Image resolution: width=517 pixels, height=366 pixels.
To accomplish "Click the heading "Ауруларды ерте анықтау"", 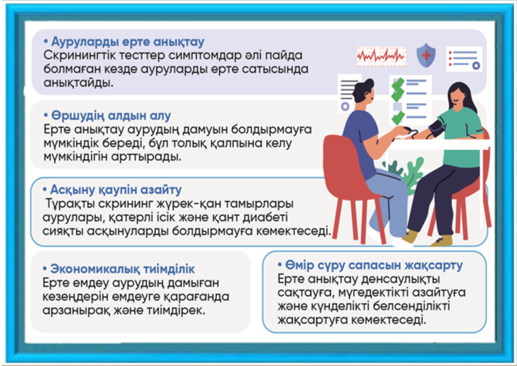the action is click(128, 42).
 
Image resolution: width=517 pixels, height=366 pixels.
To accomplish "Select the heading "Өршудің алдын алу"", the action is click(111, 116).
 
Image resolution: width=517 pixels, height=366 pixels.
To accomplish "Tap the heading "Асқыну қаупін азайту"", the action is click(116, 190).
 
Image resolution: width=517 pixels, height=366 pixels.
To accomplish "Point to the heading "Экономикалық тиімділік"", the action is click(122, 269).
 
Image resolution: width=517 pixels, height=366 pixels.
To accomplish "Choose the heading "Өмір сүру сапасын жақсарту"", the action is click(374, 265).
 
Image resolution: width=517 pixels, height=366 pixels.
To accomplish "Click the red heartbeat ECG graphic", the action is click(381, 56).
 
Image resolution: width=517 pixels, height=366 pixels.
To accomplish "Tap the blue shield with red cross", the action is click(426, 55).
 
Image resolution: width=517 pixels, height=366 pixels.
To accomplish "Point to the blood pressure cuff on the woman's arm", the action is click(436, 128).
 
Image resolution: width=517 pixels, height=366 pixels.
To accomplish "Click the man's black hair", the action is click(363, 89).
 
